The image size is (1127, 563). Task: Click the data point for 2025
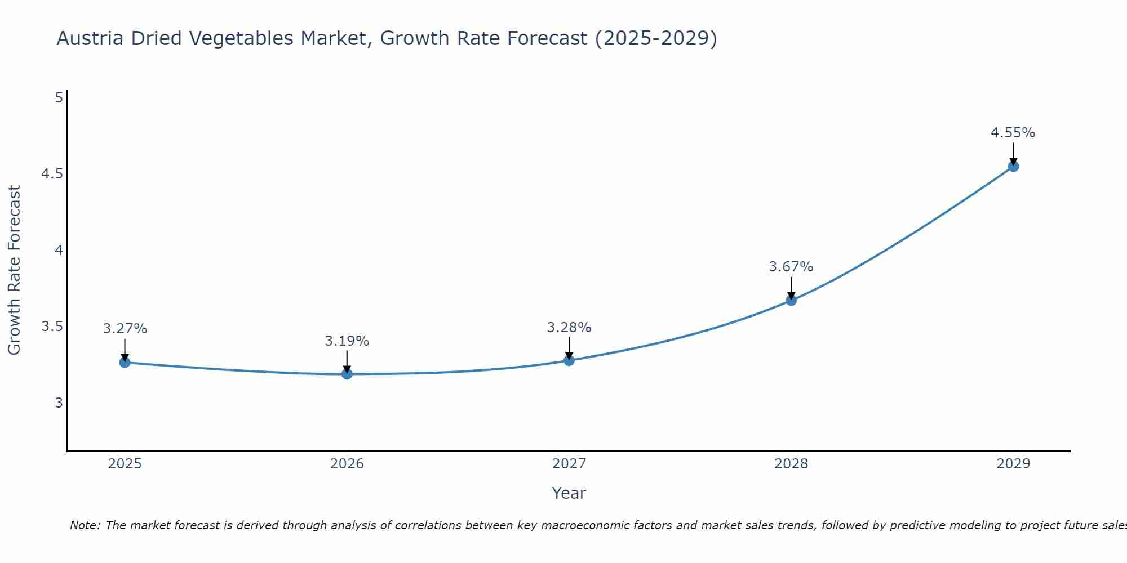[x=125, y=363]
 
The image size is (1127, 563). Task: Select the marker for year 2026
[x=347, y=374]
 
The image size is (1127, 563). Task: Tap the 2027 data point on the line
[x=569, y=360]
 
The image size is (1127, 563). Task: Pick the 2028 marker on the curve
[x=791, y=301]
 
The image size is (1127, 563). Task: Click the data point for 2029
[x=1013, y=166]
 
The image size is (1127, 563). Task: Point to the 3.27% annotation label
[x=125, y=329]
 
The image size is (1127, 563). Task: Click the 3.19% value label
[x=347, y=341]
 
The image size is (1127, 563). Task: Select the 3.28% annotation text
[x=569, y=328]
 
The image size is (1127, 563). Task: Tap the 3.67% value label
[x=791, y=267]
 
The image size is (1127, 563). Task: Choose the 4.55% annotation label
[x=1013, y=133]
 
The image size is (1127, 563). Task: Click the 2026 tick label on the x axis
[x=347, y=464]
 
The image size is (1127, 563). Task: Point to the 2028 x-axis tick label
[x=791, y=464]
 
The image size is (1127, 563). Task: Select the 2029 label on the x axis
[x=1013, y=464]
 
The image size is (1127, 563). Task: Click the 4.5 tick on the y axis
[x=52, y=174]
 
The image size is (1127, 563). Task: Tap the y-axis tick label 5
[x=59, y=98]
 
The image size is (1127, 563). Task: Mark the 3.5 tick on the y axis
[x=52, y=327]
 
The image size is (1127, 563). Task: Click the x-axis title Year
[x=569, y=493]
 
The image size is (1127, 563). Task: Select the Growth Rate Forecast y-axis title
[x=15, y=270]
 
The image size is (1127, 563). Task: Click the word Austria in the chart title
[x=90, y=38]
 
